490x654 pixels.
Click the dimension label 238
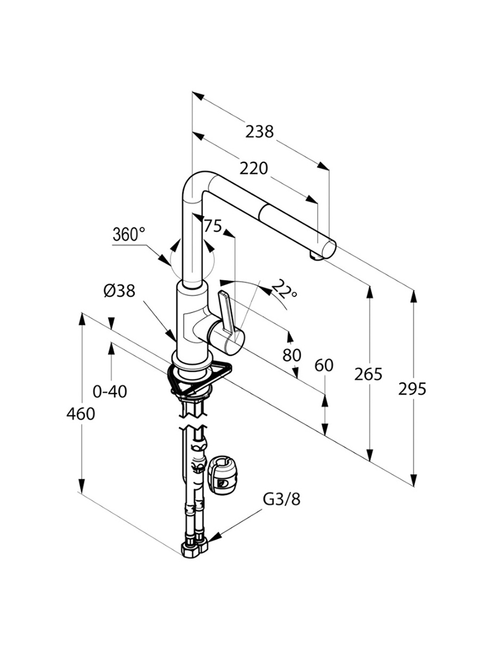click(x=259, y=132)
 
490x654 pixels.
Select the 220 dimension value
click(x=254, y=169)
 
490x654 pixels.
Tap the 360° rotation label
click(x=129, y=235)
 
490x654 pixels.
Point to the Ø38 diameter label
click(x=119, y=292)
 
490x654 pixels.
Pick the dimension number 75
click(x=213, y=226)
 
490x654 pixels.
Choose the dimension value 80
click(x=292, y=355)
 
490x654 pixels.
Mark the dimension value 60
click(x=324, y=365)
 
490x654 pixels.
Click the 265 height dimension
click(x=369, y=374)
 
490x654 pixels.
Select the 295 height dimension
click(x=412, y=389)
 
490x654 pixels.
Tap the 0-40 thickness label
click(x=110, y=391)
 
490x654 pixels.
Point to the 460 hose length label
click(x=81, y=414)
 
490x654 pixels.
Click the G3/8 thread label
click(x=281, y=499)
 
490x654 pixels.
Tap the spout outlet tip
click(x=314, y=255)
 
